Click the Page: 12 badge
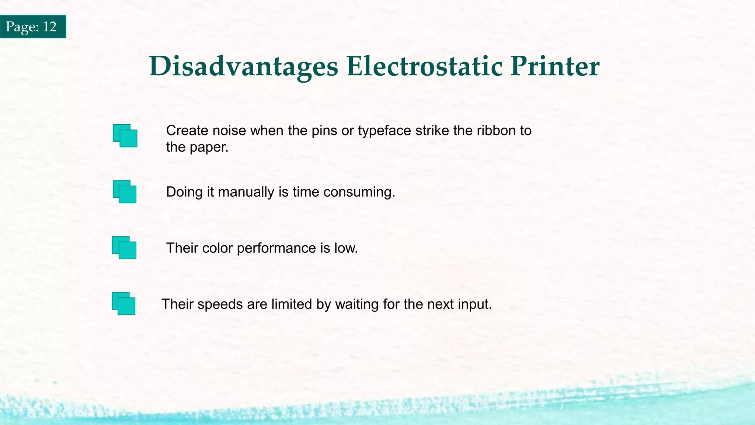pyautogui.click(x=33, y=27)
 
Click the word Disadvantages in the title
pyautogui.click(x=244, y=67)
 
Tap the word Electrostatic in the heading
pyautogui.click(x=424, y=67)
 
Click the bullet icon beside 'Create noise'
pyautogui.click(x=125, y=136)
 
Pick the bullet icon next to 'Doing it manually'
pyautogui.click(x=125, y=192)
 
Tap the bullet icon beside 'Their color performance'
pyautogui.click(x=124, y=248)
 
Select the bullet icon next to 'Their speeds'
pyautogui.click(x=123, y=304)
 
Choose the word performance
pyautogui.click(x=276, y=248)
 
